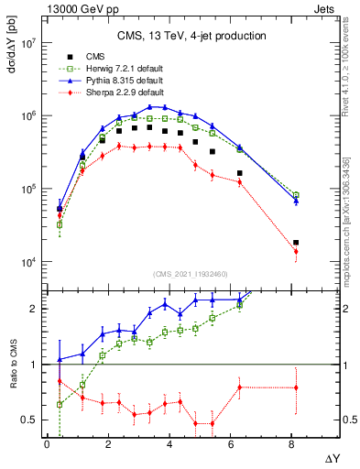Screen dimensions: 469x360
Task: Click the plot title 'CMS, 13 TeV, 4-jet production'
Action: (x=184, y=36)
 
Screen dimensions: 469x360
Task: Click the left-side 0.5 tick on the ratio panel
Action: (x=29, y=420)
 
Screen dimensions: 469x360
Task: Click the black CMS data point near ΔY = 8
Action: (x=296, y=243)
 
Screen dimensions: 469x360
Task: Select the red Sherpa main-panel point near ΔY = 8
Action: (x=296, y=251)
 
